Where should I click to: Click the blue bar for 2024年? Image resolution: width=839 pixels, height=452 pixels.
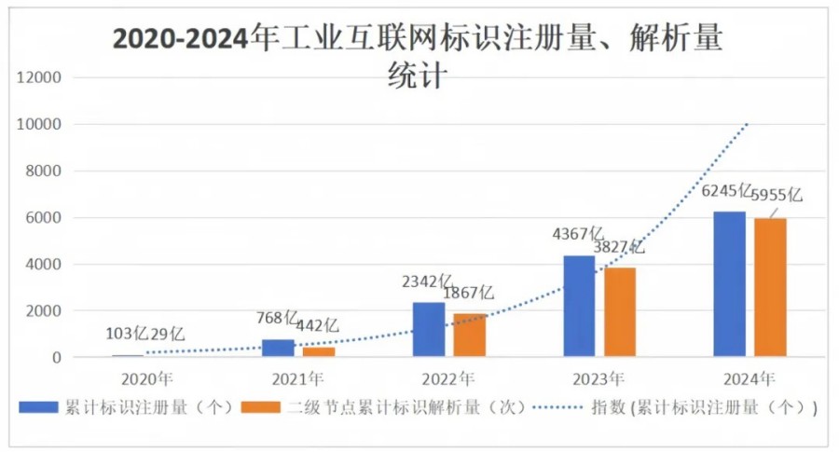(x=729, y=283)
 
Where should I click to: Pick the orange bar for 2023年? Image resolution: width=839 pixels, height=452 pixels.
(x=620, y=312)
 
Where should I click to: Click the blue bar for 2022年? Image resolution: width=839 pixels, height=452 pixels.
(x=429, y=329)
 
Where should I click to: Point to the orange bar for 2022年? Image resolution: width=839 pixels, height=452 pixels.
(x=470, y=335)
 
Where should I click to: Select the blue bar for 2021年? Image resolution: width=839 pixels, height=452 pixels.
(x=278, y=348)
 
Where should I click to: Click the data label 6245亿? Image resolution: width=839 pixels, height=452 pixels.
(x=726, y=194)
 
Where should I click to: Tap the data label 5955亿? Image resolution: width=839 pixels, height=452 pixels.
(x=777, y=196)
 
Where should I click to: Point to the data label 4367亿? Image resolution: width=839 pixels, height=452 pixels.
(x=578, y=233)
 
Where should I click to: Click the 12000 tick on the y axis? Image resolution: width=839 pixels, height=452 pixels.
(x=39, y=78)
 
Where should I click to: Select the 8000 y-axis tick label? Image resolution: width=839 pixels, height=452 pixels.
(x=43, y=171)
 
